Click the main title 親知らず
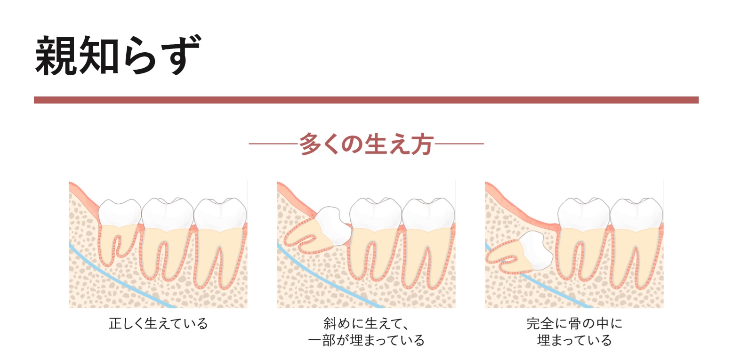click(118, 56)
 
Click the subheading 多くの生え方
click(366, 144)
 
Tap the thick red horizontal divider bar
click(366, 100)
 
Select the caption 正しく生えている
click(158, 324)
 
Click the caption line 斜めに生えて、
click(366, 324)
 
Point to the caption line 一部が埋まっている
click(366, 340)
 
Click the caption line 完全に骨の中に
click(574, 324)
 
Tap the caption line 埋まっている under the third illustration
click(574, 340)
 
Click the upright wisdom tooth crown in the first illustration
click(120, 213)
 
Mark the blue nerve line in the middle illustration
click(330, 278)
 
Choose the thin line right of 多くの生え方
click(459, 144)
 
